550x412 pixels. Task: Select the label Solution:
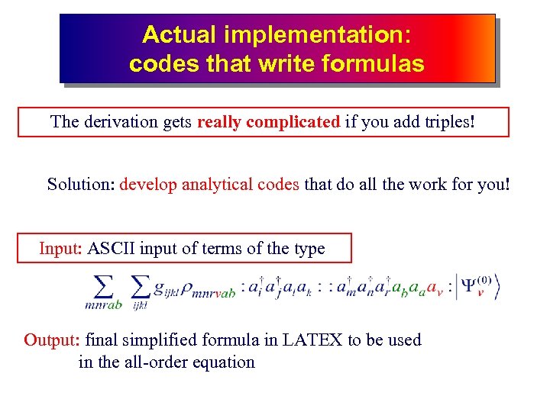click(81, 185)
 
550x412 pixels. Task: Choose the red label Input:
click(61, 249)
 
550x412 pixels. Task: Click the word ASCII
click(112, 249)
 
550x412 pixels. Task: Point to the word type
click(309, 249)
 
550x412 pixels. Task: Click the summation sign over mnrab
click(103, 287)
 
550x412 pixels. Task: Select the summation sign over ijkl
click(140, 287)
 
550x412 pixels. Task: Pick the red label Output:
click(53, 340)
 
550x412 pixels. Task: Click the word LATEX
click(312, 340)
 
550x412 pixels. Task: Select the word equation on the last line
click(222, 362)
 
